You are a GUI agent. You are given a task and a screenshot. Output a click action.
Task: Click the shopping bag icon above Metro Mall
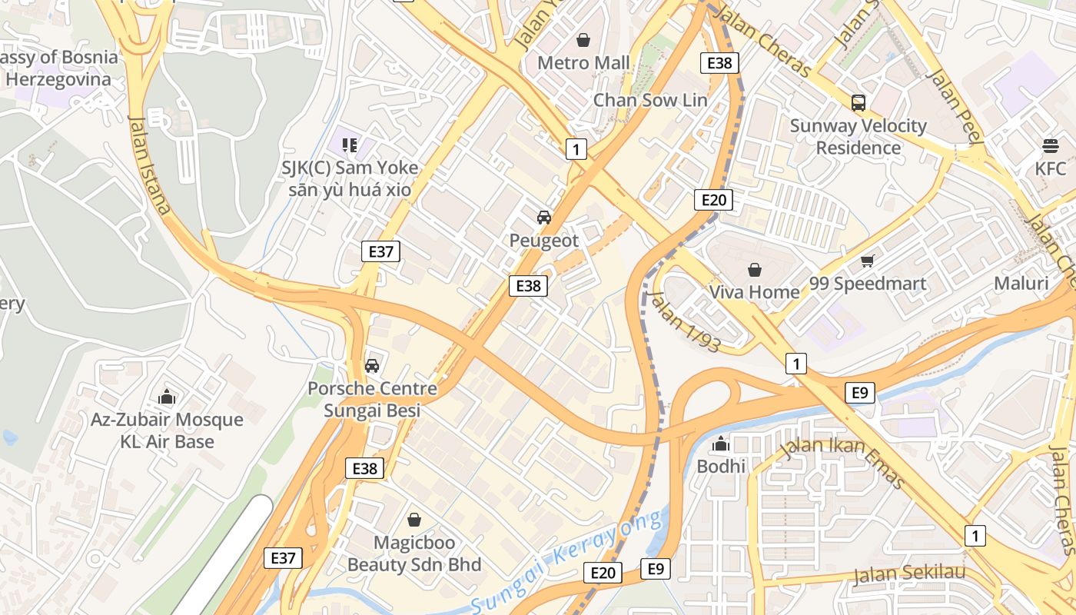(583, 40)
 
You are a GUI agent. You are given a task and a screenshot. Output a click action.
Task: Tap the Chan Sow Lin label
(650, 100)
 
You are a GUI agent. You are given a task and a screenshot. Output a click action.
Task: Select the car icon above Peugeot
(544, 218)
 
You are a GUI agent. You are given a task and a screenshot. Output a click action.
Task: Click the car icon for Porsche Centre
(372, 366)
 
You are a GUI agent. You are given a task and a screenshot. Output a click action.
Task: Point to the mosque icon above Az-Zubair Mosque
(167, 397)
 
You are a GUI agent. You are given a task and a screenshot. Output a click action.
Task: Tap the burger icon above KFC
(1051, 145)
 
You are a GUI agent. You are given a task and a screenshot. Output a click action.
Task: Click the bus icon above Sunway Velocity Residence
(858, 102)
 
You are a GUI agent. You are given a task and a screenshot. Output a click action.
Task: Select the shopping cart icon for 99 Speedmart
(868, 261)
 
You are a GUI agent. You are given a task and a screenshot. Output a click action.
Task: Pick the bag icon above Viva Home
(754, 270)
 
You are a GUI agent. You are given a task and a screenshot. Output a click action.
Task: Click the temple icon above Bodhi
(721, 444)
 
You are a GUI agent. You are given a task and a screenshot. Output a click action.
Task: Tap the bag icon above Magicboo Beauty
(414, 520)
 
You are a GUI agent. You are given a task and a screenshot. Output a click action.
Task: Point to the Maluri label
(1021, 283)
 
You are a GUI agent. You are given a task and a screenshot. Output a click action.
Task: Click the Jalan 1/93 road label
(684, 321)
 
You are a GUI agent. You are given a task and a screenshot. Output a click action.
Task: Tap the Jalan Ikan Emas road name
(842, 461)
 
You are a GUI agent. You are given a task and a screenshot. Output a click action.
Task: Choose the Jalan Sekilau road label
(908, 573)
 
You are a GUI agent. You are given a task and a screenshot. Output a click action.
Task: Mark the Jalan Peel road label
(955, 106)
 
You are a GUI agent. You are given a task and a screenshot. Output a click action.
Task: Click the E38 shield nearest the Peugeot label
(529, 286)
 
